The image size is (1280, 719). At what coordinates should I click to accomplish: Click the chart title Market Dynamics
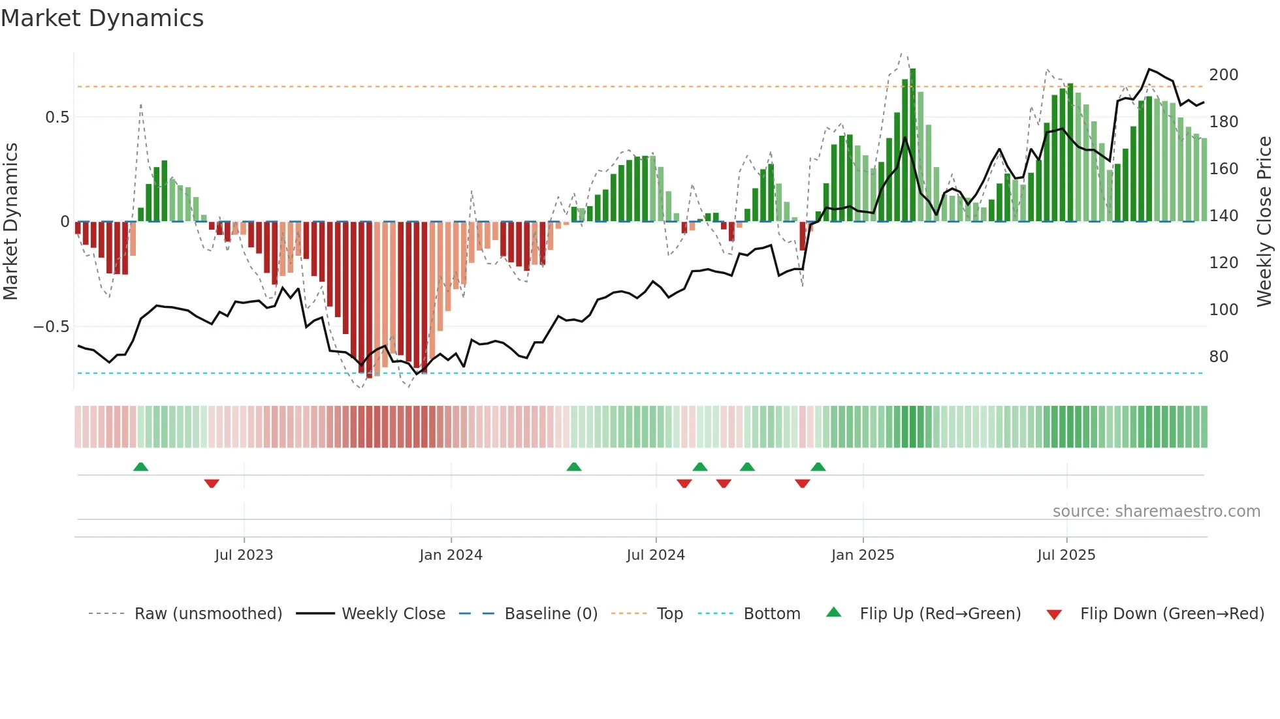[102, 18]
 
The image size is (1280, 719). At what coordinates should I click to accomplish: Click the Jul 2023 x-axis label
[244, 555]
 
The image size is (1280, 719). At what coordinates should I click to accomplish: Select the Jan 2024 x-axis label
[451, 555]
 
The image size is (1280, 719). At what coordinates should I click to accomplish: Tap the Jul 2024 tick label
[656, 555]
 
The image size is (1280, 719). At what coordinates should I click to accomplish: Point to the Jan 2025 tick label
[863, 555]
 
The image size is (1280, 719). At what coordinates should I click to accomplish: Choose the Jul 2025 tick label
[1066, 555]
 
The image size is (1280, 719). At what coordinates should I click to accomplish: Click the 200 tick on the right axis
[1223, 75]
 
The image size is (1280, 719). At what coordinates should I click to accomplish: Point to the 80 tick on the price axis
[1219, 357]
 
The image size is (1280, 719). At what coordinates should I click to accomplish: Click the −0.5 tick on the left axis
[52, 327]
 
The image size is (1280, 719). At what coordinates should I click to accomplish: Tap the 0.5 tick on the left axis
[57, 117]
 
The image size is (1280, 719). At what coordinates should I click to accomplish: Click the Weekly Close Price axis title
[1264, 221]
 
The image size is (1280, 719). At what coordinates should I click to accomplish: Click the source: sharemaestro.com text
[1156, 512]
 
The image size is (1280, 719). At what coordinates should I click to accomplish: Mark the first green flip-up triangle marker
[140, 467]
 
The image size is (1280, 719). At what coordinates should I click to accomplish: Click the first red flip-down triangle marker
[212, 483]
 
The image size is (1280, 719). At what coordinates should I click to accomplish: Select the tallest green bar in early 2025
[912, 144]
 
